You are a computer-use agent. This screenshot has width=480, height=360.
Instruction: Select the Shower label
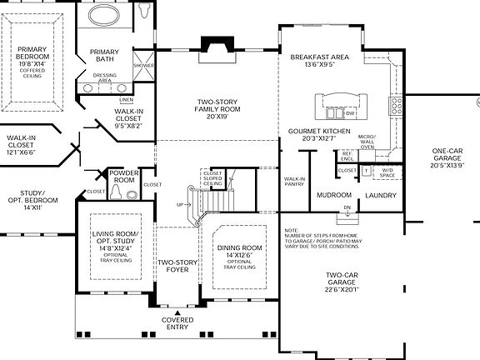pyautogui.click(x=143, y=65)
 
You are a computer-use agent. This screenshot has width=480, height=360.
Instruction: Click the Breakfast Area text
pyautogui.click(x=319, y=58)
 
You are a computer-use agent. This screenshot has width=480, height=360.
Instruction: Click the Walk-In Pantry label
pyautogui.click(x=294, y=181)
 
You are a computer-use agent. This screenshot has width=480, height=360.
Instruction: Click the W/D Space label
pyautogui.click(x=387, y=172)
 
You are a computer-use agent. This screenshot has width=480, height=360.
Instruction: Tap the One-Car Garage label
pyautogui.click(x=447, y=156)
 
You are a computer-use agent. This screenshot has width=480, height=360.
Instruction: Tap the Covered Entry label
pyautogui.click(x=176, y=323)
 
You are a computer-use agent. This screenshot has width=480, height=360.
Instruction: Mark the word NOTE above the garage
pyautogui.click(x=291, y=230)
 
